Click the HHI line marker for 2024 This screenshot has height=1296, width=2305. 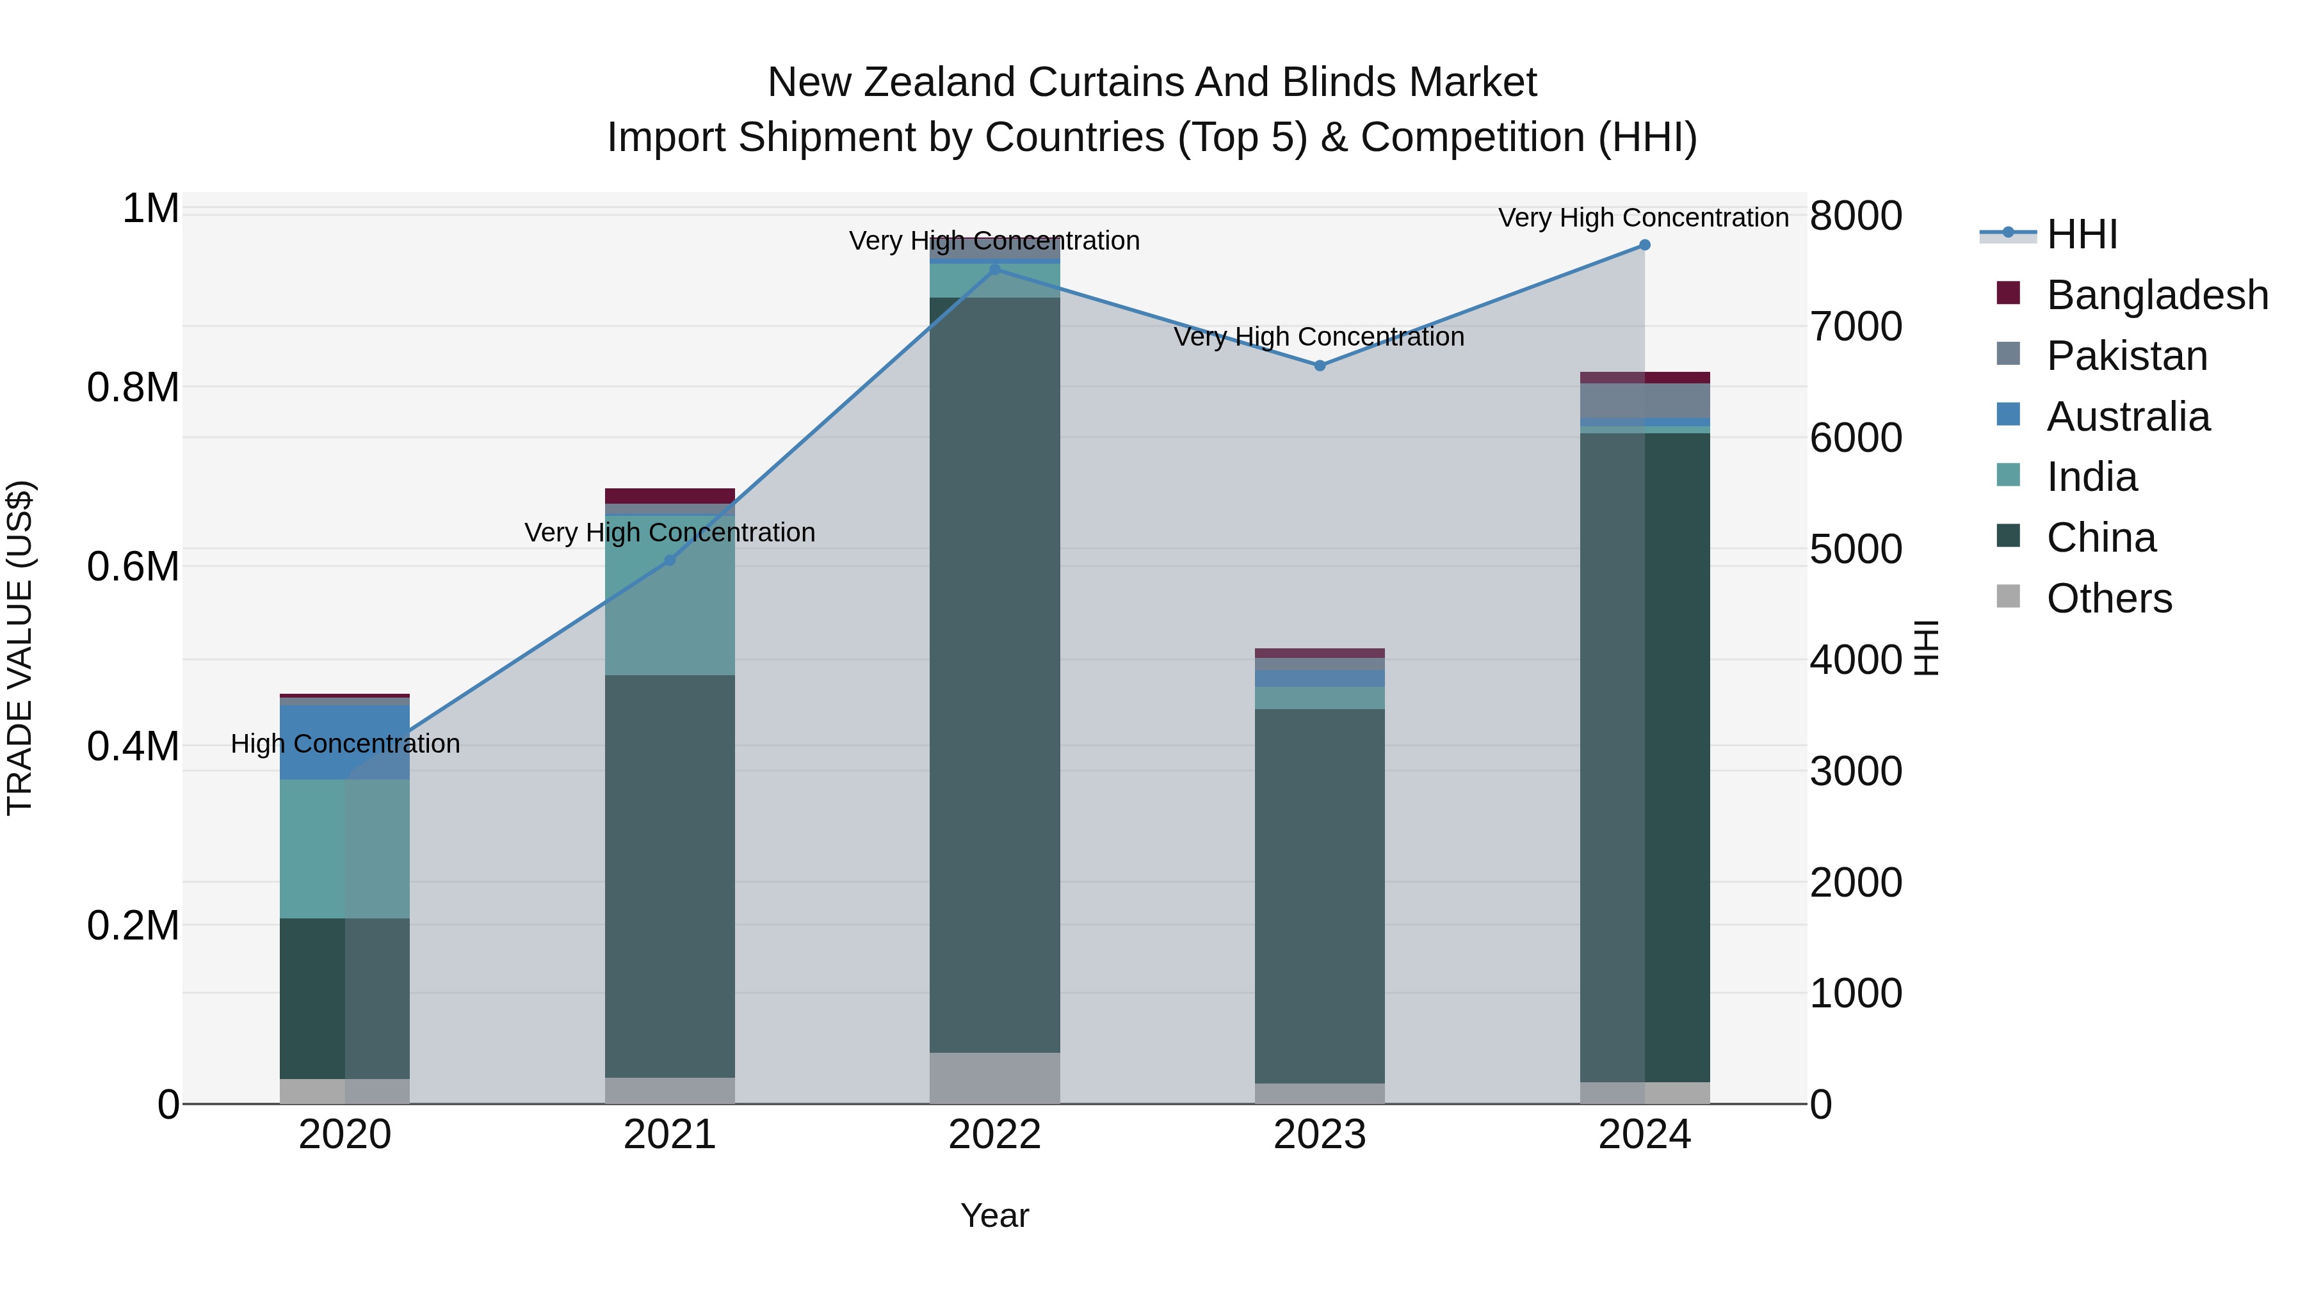[x=1645, y=245]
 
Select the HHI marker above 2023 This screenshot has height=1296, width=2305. [x=1320, y=366]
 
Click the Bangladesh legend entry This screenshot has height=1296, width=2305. [x=2156, y=295]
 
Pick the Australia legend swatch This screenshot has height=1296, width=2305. [x=2009, y=415]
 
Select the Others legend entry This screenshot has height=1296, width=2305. [x=2109, y=598]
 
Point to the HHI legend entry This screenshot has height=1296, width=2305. [x=2082, y=234]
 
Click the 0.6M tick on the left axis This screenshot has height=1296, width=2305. [x=133, y=567]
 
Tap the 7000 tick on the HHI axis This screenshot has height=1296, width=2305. [x=1856, y=326]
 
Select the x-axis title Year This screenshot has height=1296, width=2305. [x=994, y=1217]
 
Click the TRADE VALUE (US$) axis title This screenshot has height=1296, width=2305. [x=20, y=648]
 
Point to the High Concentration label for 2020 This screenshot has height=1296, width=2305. [x=345, y=744]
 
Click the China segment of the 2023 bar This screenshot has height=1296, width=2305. [x=1320, y=895]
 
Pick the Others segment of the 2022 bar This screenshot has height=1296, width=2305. [x=994, y=1078]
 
